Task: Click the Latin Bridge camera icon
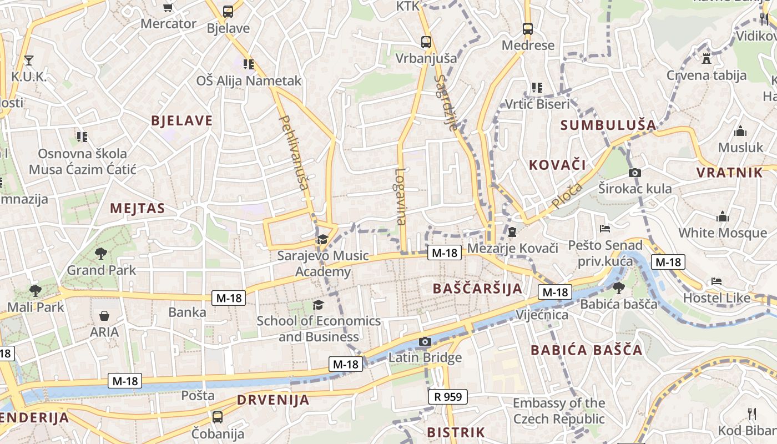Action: point(425,341)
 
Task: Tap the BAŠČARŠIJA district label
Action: point(477,289)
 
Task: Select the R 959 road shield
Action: point(448,396)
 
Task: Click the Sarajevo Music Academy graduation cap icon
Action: point(322,240)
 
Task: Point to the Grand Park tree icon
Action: point(101,254)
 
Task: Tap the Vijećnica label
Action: point(542,315)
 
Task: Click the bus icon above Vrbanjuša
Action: point(426,42)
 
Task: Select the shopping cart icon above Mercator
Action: point(168,7)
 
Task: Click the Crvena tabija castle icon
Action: point(707,58)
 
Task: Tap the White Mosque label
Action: point(723,233)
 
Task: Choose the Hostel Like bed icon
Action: point(717,281)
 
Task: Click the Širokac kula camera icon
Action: point(635,173)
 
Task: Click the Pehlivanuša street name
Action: point(293,152)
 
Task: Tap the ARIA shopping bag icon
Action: point(104,316)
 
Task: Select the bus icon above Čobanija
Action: point(218,417)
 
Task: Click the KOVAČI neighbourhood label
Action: point(557,164)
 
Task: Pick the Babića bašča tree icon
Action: point(618,287)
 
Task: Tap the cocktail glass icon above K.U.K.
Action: point(29,60)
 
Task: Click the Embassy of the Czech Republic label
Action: point(558,411)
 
